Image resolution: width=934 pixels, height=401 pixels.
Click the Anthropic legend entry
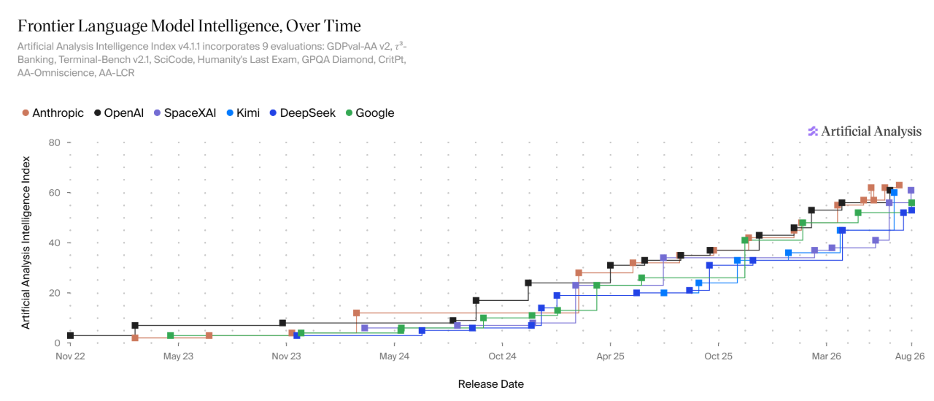(x=53, y=113)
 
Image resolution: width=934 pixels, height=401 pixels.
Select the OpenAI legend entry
(x=119, y=113)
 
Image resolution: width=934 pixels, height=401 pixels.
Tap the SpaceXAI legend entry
(x=185, y=113)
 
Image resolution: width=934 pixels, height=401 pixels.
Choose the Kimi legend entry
(x=243, y=113)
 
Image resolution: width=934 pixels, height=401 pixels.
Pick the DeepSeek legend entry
(x=303, y=113)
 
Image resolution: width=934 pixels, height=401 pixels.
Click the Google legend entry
(x=370, y=113)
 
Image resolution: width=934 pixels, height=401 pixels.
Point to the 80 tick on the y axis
(x=55, y=142)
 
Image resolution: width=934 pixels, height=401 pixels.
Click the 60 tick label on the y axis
(x=55, y=193)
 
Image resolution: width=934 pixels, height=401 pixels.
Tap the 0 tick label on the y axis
(x=58, y=343)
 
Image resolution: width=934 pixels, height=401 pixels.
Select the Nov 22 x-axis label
(x=70, y=356)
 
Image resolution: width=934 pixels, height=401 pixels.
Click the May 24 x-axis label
(x=394, y=356)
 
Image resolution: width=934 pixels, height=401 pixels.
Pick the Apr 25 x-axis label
(x=610, y=356)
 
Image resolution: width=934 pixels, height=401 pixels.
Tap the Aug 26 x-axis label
(x=910, y=356)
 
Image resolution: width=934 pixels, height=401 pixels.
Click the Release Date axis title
(x=491, y=384)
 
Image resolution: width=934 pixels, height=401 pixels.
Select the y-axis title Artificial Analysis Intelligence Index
(x=26, y=242)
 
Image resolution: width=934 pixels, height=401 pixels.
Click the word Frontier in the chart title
(x=45, y=26)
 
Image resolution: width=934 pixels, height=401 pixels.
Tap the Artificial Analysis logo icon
(x=813, y=131)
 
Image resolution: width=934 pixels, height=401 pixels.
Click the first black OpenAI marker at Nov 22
(x=71, y=335)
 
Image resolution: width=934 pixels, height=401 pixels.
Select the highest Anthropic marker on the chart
(x=900, y=186)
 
